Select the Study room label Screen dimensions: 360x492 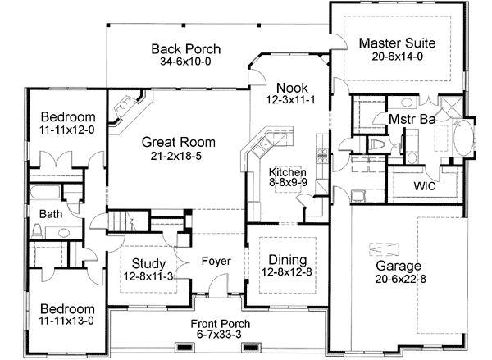[x=148, y=265]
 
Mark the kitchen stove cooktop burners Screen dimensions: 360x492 [x=261, y=148]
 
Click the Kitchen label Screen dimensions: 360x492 [x=289, y=172]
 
